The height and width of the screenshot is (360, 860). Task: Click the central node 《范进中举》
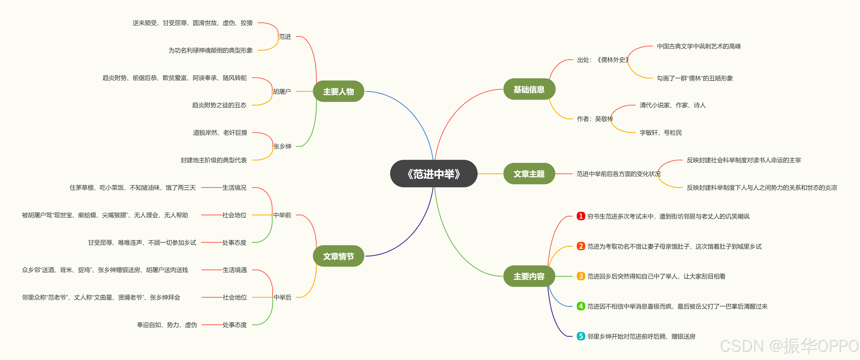433,174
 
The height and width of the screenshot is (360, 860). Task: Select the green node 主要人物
338,92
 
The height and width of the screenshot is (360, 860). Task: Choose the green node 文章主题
529,174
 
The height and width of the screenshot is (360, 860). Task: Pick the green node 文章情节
338,256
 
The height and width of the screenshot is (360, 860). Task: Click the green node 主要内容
529,276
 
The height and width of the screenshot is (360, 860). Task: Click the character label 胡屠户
282,92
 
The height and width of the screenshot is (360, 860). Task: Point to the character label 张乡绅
282,146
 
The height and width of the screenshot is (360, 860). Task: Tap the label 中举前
282,215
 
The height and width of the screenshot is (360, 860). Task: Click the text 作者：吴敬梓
595,119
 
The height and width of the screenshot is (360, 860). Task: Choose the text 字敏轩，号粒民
660,133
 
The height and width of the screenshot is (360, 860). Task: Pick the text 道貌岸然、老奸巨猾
220,133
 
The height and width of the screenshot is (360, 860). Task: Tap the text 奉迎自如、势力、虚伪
167,325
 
